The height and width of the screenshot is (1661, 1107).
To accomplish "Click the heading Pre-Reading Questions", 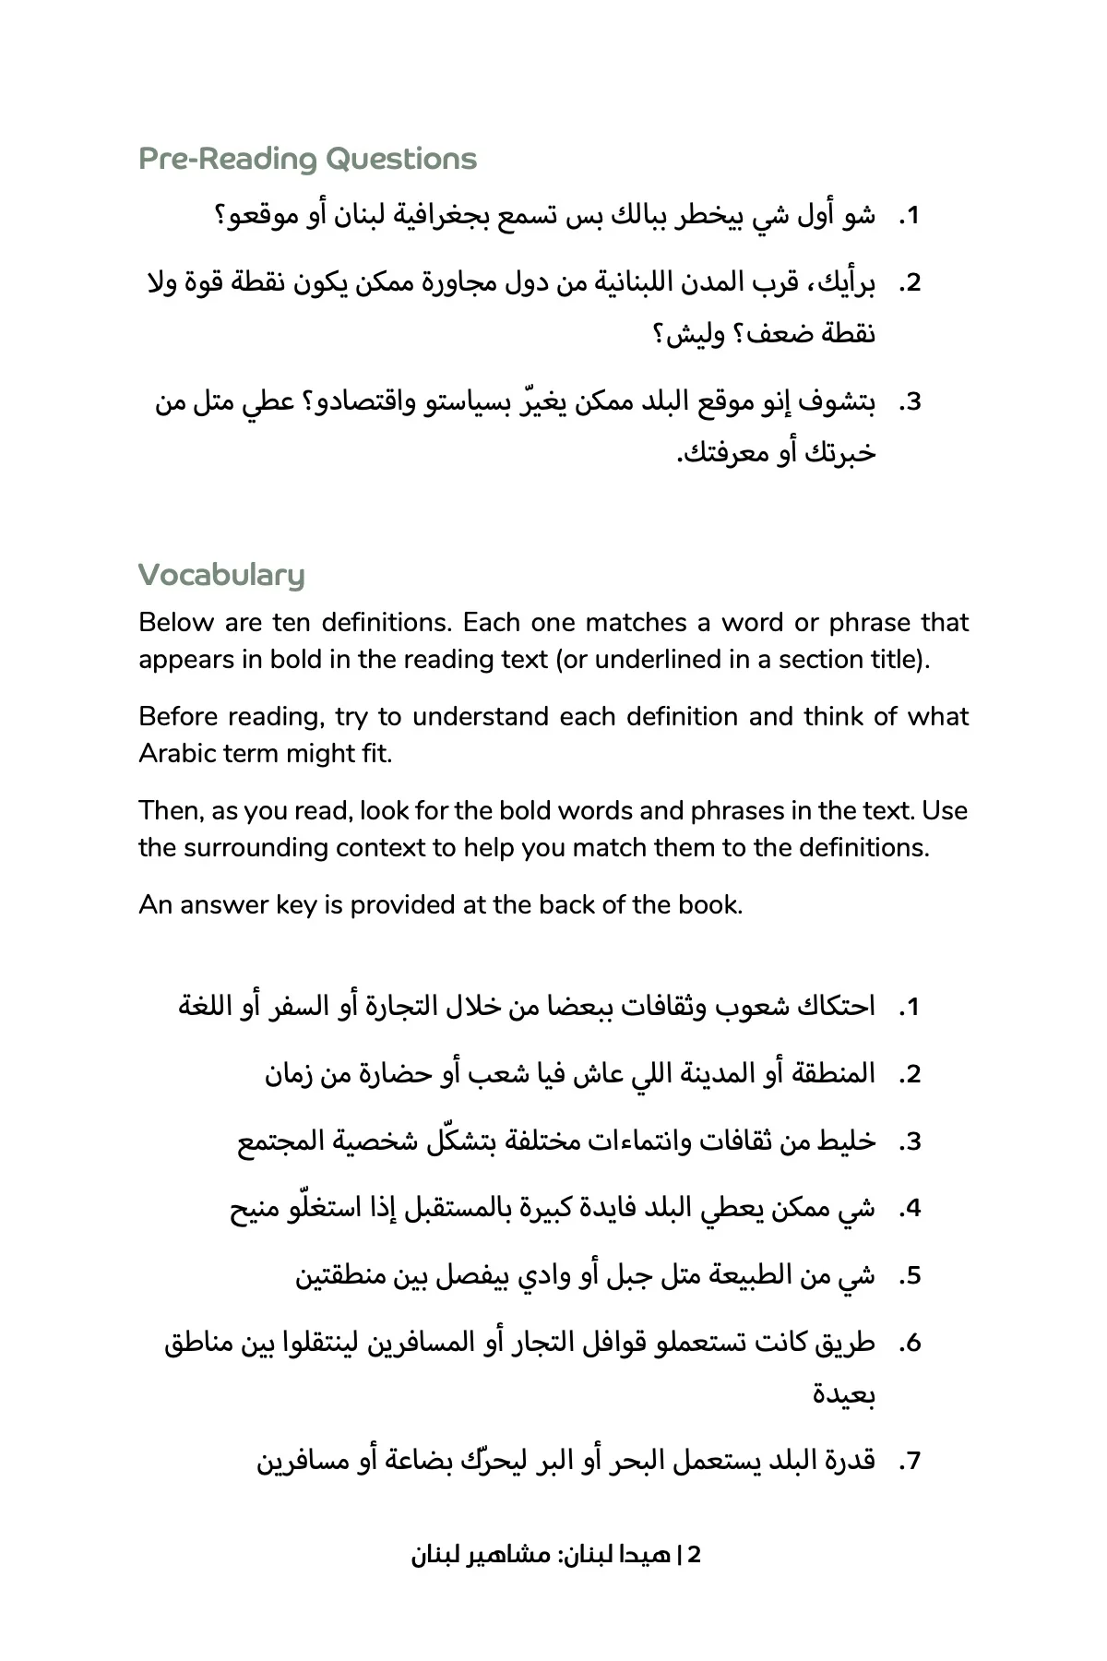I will (x=307, y=160).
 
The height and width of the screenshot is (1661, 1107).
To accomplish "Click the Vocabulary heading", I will (x=221, y=576).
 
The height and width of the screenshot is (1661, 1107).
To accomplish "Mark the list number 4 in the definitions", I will (x=911, y=1209).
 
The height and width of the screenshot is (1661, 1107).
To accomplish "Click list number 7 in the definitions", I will (x=911, y=1462).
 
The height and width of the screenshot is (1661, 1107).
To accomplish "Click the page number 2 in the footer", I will (x=695, y=1555).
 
